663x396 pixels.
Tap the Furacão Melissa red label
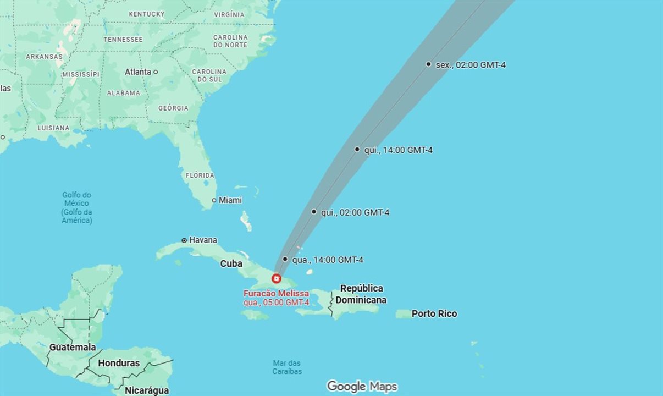point(276,294)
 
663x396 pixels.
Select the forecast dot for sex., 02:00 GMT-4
point(428,64)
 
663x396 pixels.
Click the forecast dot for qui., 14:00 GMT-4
point(357,149)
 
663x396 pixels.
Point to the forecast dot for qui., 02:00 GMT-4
point(314,212)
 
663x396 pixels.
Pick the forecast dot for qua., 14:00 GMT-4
point(285,259)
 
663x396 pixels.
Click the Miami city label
point(230,200)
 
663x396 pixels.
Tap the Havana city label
point(203,240)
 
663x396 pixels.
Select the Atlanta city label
point(137,72)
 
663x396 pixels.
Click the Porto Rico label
point(434,314)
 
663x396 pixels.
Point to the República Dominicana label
point(361,294)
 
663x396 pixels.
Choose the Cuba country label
point(231,264)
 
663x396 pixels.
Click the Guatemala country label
point(73,348)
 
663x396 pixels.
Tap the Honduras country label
point(119,364)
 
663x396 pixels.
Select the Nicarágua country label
point(147,391)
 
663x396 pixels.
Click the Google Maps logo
point(362,387)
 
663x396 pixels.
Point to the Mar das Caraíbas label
point(287,367)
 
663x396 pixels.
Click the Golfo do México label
point(76,207)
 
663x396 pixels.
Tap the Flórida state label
point(200,175)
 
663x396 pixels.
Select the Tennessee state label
point(123,40)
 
